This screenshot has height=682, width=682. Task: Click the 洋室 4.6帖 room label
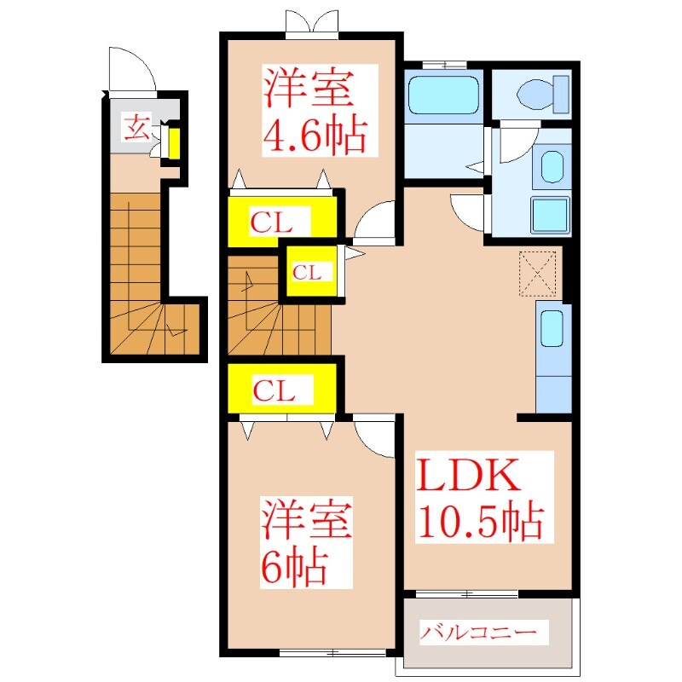coord(315,110)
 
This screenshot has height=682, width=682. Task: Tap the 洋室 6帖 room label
coord(306,541)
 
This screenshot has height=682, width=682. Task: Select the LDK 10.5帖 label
coord(478,499)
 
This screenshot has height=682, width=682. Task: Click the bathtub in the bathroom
coord(442,95)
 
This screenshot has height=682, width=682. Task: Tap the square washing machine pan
coord(550,214)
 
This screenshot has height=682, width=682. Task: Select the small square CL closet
coord(309,271)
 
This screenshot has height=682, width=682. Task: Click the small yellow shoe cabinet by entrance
coord(173,144)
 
